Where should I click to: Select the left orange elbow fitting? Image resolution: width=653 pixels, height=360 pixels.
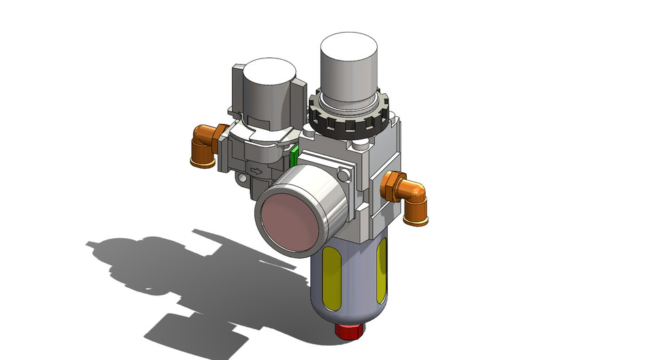point(203,146)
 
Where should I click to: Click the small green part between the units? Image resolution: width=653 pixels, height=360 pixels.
point(294,156)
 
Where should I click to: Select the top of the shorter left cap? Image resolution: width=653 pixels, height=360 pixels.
point(269,72)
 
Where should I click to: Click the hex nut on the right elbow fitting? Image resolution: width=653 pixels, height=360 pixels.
point(390,186)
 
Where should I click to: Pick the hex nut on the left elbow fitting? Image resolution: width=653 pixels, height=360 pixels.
point(220,138)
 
